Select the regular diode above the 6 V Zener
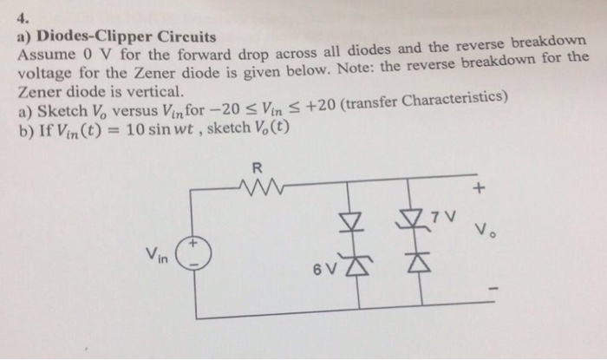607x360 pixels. pos(350,220)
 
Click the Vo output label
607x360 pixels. pos(484,232)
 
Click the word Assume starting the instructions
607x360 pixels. pos(44,56)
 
